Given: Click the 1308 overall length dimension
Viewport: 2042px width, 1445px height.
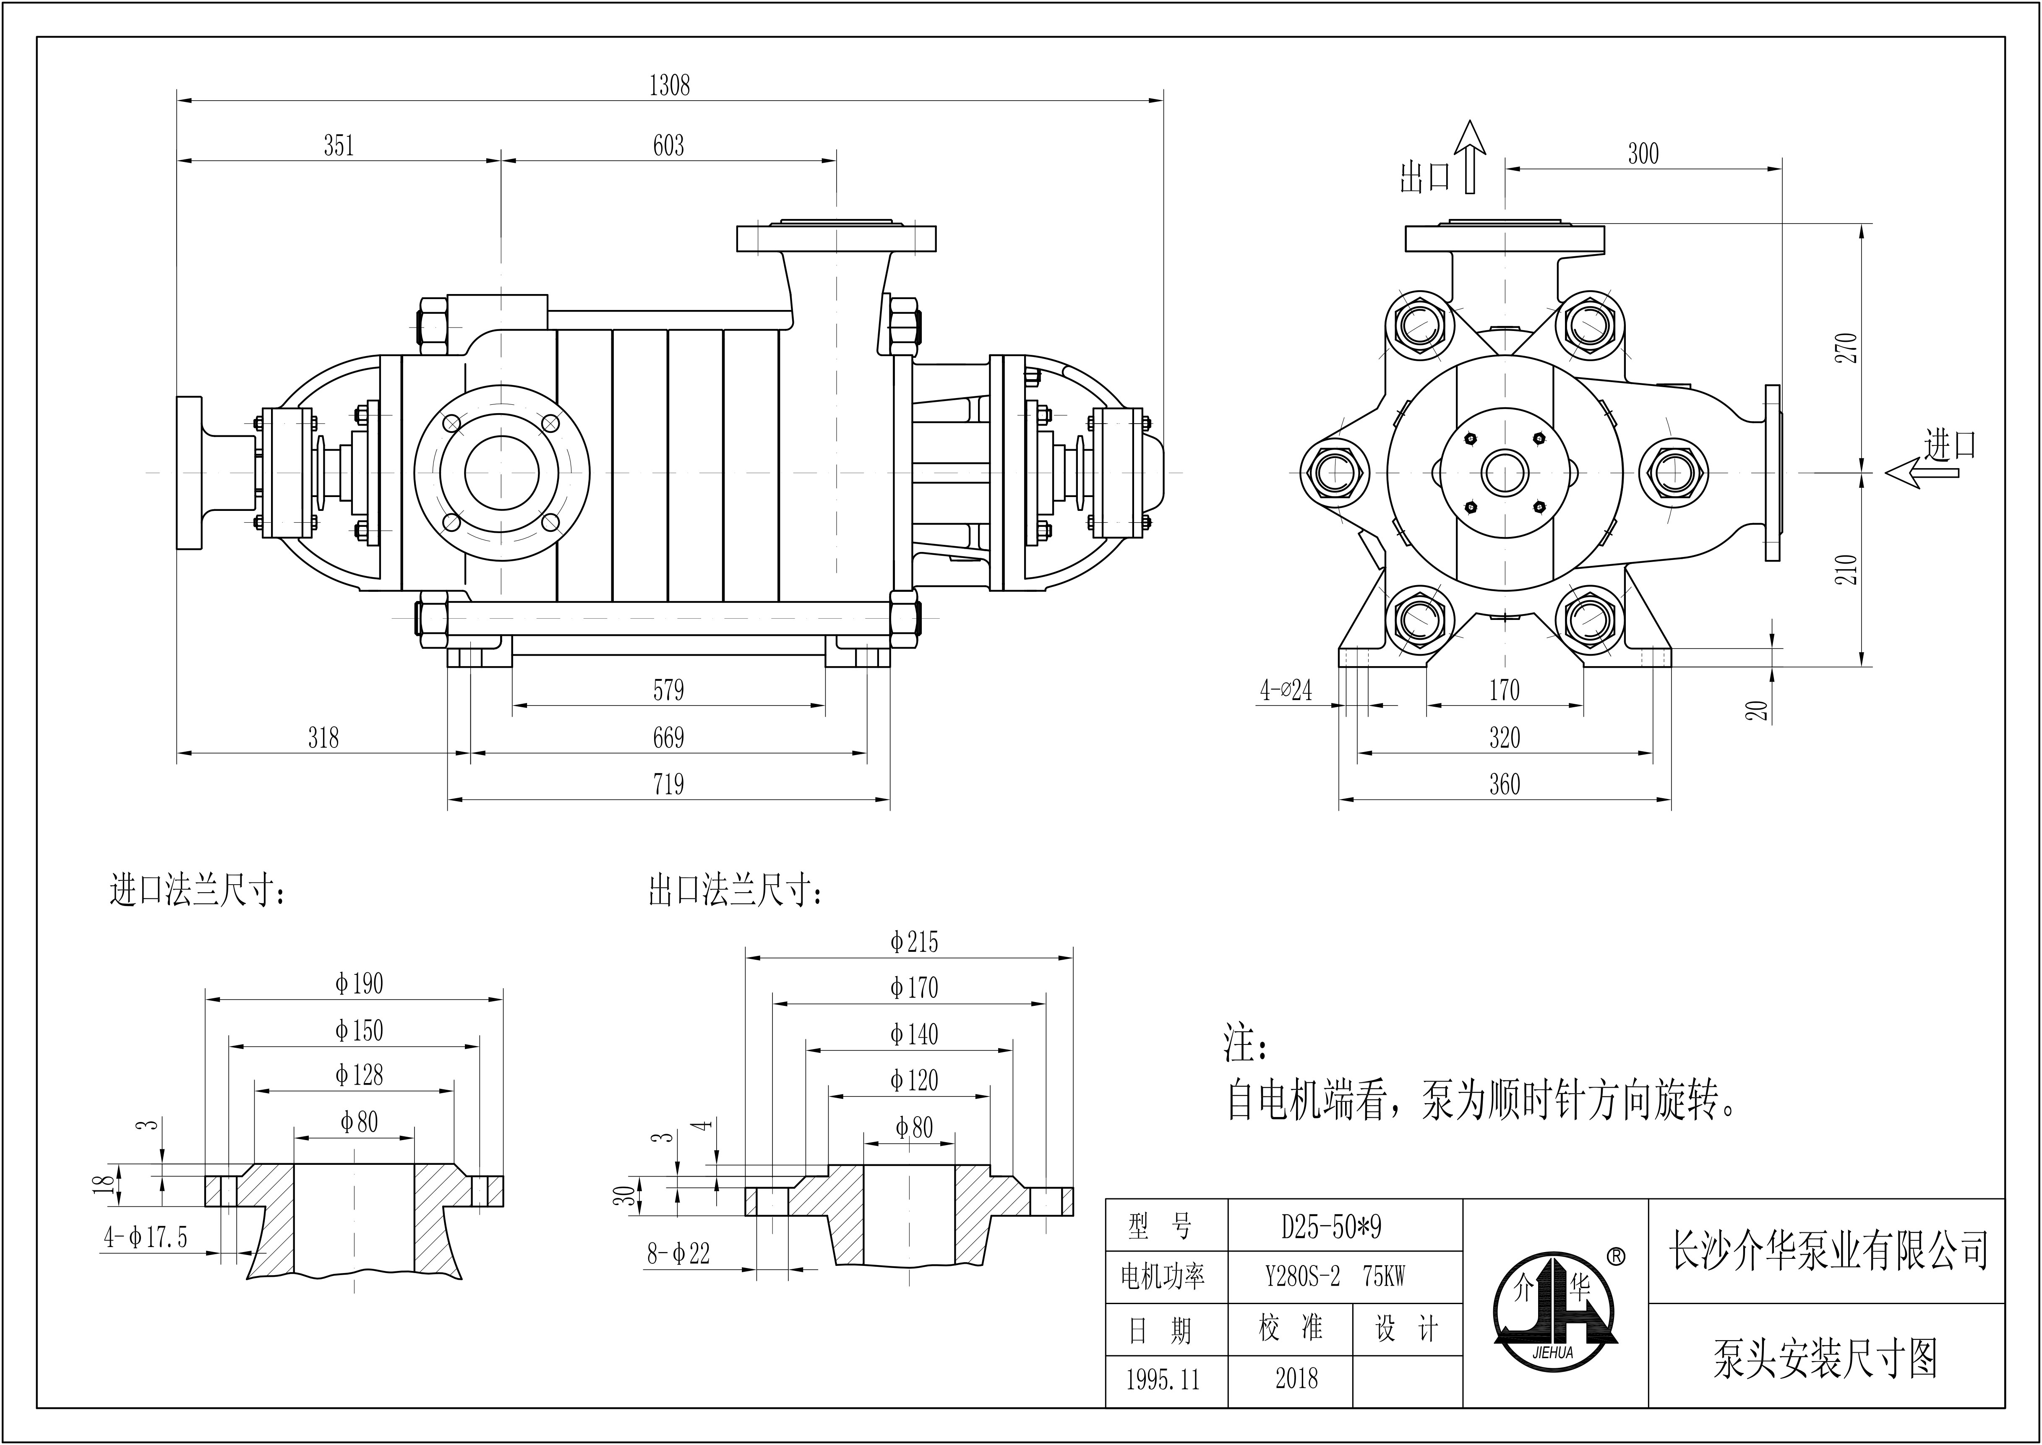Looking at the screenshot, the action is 669,86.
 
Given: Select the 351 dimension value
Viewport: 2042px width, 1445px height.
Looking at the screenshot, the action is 339,145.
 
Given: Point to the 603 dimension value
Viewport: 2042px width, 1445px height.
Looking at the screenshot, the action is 668,145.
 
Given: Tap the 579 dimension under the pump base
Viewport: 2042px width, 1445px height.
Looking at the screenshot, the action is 668,690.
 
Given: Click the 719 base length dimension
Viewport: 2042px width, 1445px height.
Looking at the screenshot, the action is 668,784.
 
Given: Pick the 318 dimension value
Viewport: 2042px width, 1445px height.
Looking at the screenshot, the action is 323,738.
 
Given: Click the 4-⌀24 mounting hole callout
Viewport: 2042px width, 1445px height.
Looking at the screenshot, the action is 1286,690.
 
